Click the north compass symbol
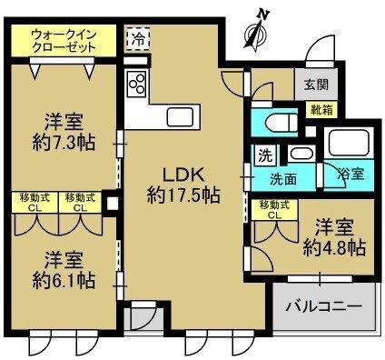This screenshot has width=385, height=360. pyautogui.click(x=257, y=30)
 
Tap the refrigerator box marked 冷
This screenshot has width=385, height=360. pyautogui.click(x=138, y=39)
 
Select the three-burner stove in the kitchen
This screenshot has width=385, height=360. pyautogui.click(x=136, y=84)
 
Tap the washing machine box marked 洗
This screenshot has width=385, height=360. pyautogui.click(x=265, y=155)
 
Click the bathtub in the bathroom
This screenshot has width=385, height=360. pyautogui.click(x=349, y=144)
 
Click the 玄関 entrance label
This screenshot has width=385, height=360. pyautogui.click(x=316, y=84)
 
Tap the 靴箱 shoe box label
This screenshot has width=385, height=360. pyautogui.click(x=321, y=110)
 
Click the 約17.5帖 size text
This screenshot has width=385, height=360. pyautogui.click(x=183, y=195)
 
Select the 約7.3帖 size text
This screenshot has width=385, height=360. pyautogui.click(x=64, y=142)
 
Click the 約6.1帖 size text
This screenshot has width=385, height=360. pyautogui.click(x=64, y=280)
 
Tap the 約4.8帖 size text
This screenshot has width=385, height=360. pyautogui.click(x=334, y=247)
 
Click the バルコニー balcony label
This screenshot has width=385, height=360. pyautogui.click(x=324, y=306)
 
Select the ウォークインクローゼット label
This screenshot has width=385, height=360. pyautogui.click(x=64, y=41)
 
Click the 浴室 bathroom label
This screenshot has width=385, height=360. pyautogui.click(x=350, y=174)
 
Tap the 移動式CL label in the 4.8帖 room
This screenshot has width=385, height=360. pyautogui.click(x=275, y=210)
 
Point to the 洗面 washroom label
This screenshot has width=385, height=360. pyautogui.click(x=283, y=180)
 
